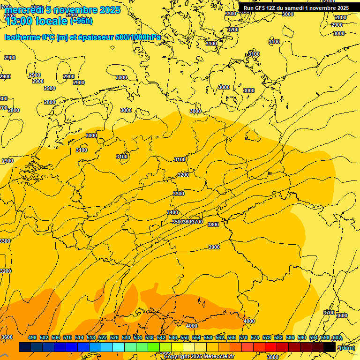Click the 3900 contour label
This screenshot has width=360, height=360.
pyautogui.click(x=214, y=247)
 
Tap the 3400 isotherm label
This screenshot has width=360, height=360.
pyautogui.click(x=172, y=212)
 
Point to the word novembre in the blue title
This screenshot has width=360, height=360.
pyautogui.click(x=73, y=10)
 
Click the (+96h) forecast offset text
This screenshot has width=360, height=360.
pyautogui.click(x=81, y=21)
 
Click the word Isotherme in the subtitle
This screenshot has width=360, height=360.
pyautogui.click(x=22, y=37)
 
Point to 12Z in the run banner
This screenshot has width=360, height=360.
pyautogui.click(x=271, y=8)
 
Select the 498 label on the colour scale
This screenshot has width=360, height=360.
pyautogui.click(x=32, y=338)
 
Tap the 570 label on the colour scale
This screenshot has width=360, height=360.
pyautogui.click(x=243, y=338)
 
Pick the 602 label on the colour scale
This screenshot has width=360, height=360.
pyautogui.click(x=337, y=338)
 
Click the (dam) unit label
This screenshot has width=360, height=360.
pyautogui.click(x=346, y=348)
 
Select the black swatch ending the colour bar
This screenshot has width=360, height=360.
pyautogui.click(x=329, y=347)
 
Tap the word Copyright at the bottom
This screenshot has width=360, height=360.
pyautogui.click(x=177, y=357)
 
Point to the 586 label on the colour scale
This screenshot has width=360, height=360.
pyautogui.click(x=290, y=338)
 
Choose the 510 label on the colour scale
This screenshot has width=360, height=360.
pyautogui.click(x=67, y=338)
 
